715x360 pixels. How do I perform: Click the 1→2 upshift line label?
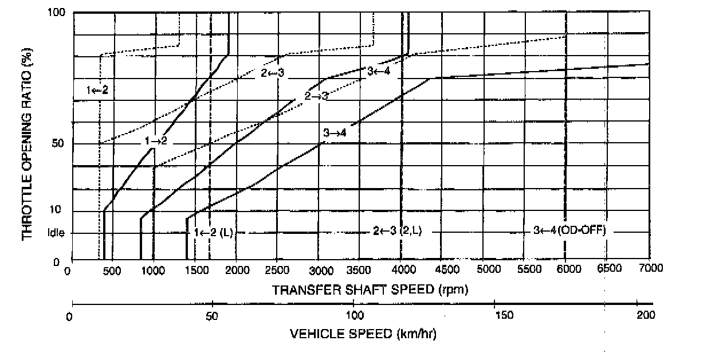click(x=155, y=140)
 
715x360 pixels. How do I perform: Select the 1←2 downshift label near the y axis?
click(x=97, y=90)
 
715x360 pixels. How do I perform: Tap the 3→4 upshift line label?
click(x=335, y=132)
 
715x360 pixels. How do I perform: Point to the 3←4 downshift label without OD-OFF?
click(x=378, y=71)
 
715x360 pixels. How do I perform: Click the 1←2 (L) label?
click(x=213, y=232)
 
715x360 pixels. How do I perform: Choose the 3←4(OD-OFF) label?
click(x=569, y=230)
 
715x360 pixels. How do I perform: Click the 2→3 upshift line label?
click(x=316, y=96)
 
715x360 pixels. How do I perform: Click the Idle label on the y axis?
click(x=57, y=233)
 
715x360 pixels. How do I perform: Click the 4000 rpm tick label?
click(x=401, y=269)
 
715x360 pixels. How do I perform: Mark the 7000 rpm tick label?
click(x=649, y=269)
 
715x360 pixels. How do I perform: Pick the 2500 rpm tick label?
click(x=277, y=269)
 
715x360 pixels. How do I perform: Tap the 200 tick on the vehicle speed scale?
click(x=645, y=315)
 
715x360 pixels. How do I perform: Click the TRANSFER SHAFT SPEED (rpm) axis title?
click(x=370, y=289)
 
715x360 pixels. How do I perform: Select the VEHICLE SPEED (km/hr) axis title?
click(x=363, y=334)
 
